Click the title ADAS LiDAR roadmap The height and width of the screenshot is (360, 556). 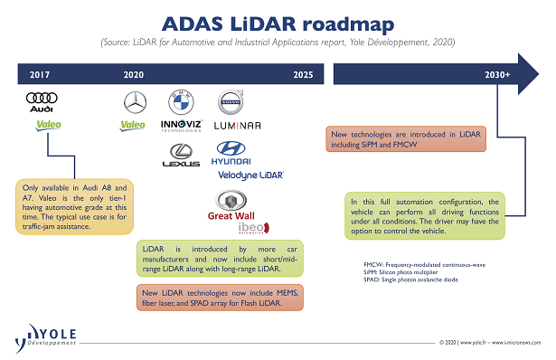click(x=278, y=22)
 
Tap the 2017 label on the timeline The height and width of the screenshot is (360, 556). click(x=41, y=76)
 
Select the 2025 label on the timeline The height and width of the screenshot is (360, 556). click(x=304, y=76)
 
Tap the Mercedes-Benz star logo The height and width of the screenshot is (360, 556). click(x=133, y=101)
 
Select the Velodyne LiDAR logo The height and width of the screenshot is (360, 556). click(x=249, y=175)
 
